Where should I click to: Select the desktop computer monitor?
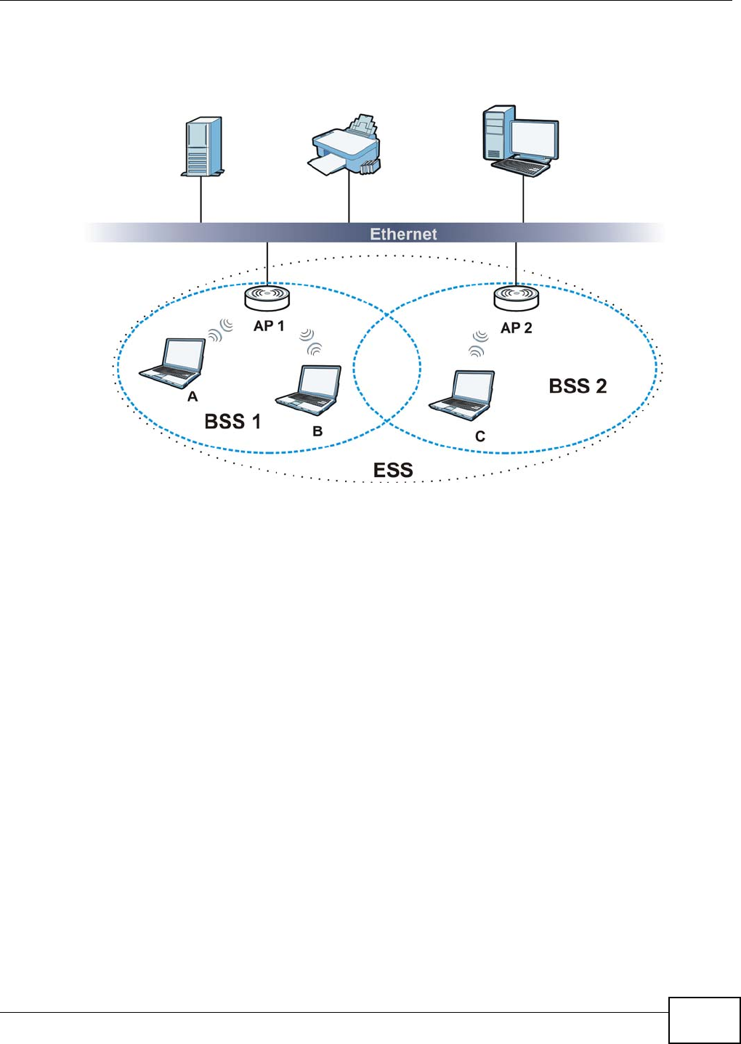534,137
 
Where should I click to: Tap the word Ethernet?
403,234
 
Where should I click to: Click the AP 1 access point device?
267,297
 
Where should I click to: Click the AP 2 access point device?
516,297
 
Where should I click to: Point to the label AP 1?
269,326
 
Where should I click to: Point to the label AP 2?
517,328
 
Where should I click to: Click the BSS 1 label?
232,422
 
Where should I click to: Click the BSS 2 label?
578,386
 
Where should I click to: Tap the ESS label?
393,470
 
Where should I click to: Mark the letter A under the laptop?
193,396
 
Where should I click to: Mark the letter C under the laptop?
480,436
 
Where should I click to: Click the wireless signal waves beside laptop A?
220,330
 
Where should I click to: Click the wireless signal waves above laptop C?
478,343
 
